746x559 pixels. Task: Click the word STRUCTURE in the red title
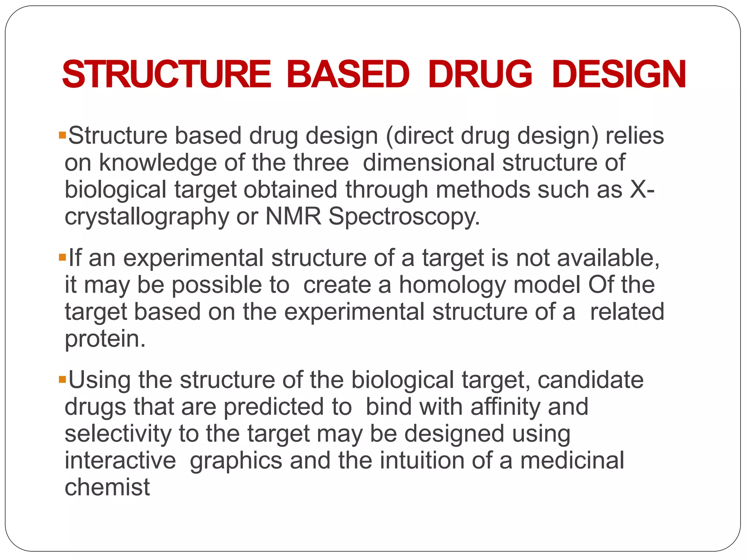coord(167,75)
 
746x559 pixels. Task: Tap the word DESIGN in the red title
coord(619,75)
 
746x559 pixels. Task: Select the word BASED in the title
coord(348,75)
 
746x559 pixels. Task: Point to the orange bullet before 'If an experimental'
coord(62,258)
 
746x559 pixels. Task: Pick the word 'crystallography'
coord(147,217)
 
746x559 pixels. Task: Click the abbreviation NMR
coord(293,217)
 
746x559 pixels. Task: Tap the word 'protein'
coord(105,339)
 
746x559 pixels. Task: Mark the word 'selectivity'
coord(118,434)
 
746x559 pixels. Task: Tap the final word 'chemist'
coord(107,488)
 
